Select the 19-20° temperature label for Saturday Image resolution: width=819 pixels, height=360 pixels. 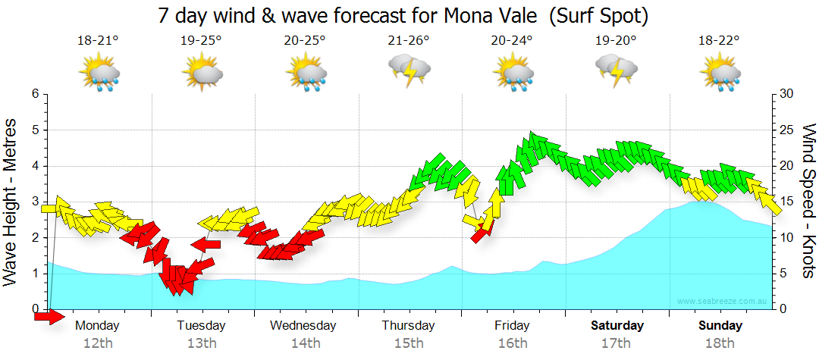pos(616,40)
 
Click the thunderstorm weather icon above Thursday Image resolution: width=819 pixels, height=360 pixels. pos(409,70)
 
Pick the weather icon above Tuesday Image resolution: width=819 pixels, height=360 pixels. pos(202,73)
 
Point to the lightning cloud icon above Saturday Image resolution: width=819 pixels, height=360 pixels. pos(616,70)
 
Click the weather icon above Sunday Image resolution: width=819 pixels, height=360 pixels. pos(720,73)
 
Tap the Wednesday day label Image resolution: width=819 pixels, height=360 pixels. pos(303,326)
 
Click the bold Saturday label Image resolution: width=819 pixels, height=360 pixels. pos(617,326)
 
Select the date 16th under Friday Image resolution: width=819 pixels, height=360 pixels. pos(513,343)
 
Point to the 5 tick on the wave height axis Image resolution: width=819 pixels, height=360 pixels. pos(34,130)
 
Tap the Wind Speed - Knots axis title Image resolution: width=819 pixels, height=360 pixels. pos(807,202)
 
